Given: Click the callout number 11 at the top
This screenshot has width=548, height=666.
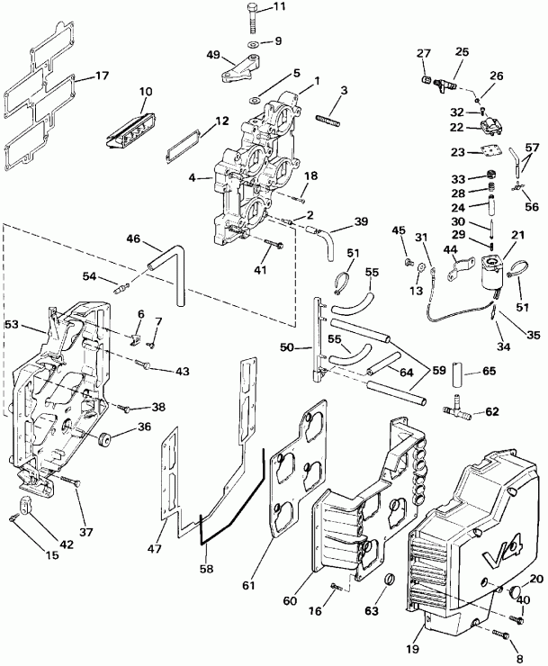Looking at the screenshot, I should [x=279, y=7].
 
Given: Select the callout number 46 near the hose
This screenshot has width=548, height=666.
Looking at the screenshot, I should [x=133, y=238].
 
